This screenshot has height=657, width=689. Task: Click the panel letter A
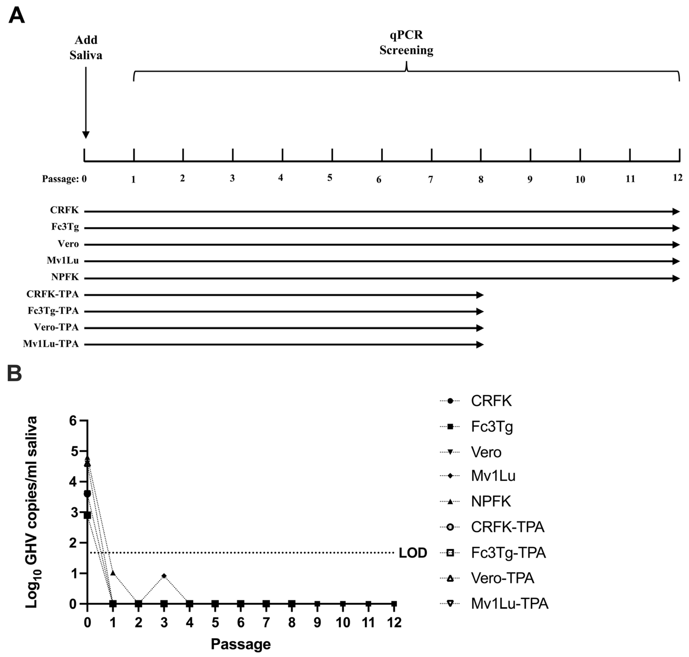(17, 15)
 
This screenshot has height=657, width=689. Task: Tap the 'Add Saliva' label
(86, 48)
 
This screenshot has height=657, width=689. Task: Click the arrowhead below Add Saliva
(86, 135)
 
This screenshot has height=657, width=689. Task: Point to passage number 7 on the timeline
(431, 180)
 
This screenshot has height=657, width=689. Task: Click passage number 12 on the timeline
(677, 178)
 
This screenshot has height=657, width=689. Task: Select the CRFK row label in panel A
(65, 210)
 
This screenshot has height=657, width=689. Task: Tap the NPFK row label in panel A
(65, 277)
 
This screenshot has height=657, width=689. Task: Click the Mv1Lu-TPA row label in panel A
(51, 344)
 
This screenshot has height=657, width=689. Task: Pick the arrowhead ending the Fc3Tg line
(676, 228)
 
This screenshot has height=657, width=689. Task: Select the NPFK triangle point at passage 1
(113, 573)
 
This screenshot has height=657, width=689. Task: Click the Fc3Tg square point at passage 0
(88, 515)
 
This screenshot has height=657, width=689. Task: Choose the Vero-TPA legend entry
(502, 578)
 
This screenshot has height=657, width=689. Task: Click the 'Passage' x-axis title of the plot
(241, 644)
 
